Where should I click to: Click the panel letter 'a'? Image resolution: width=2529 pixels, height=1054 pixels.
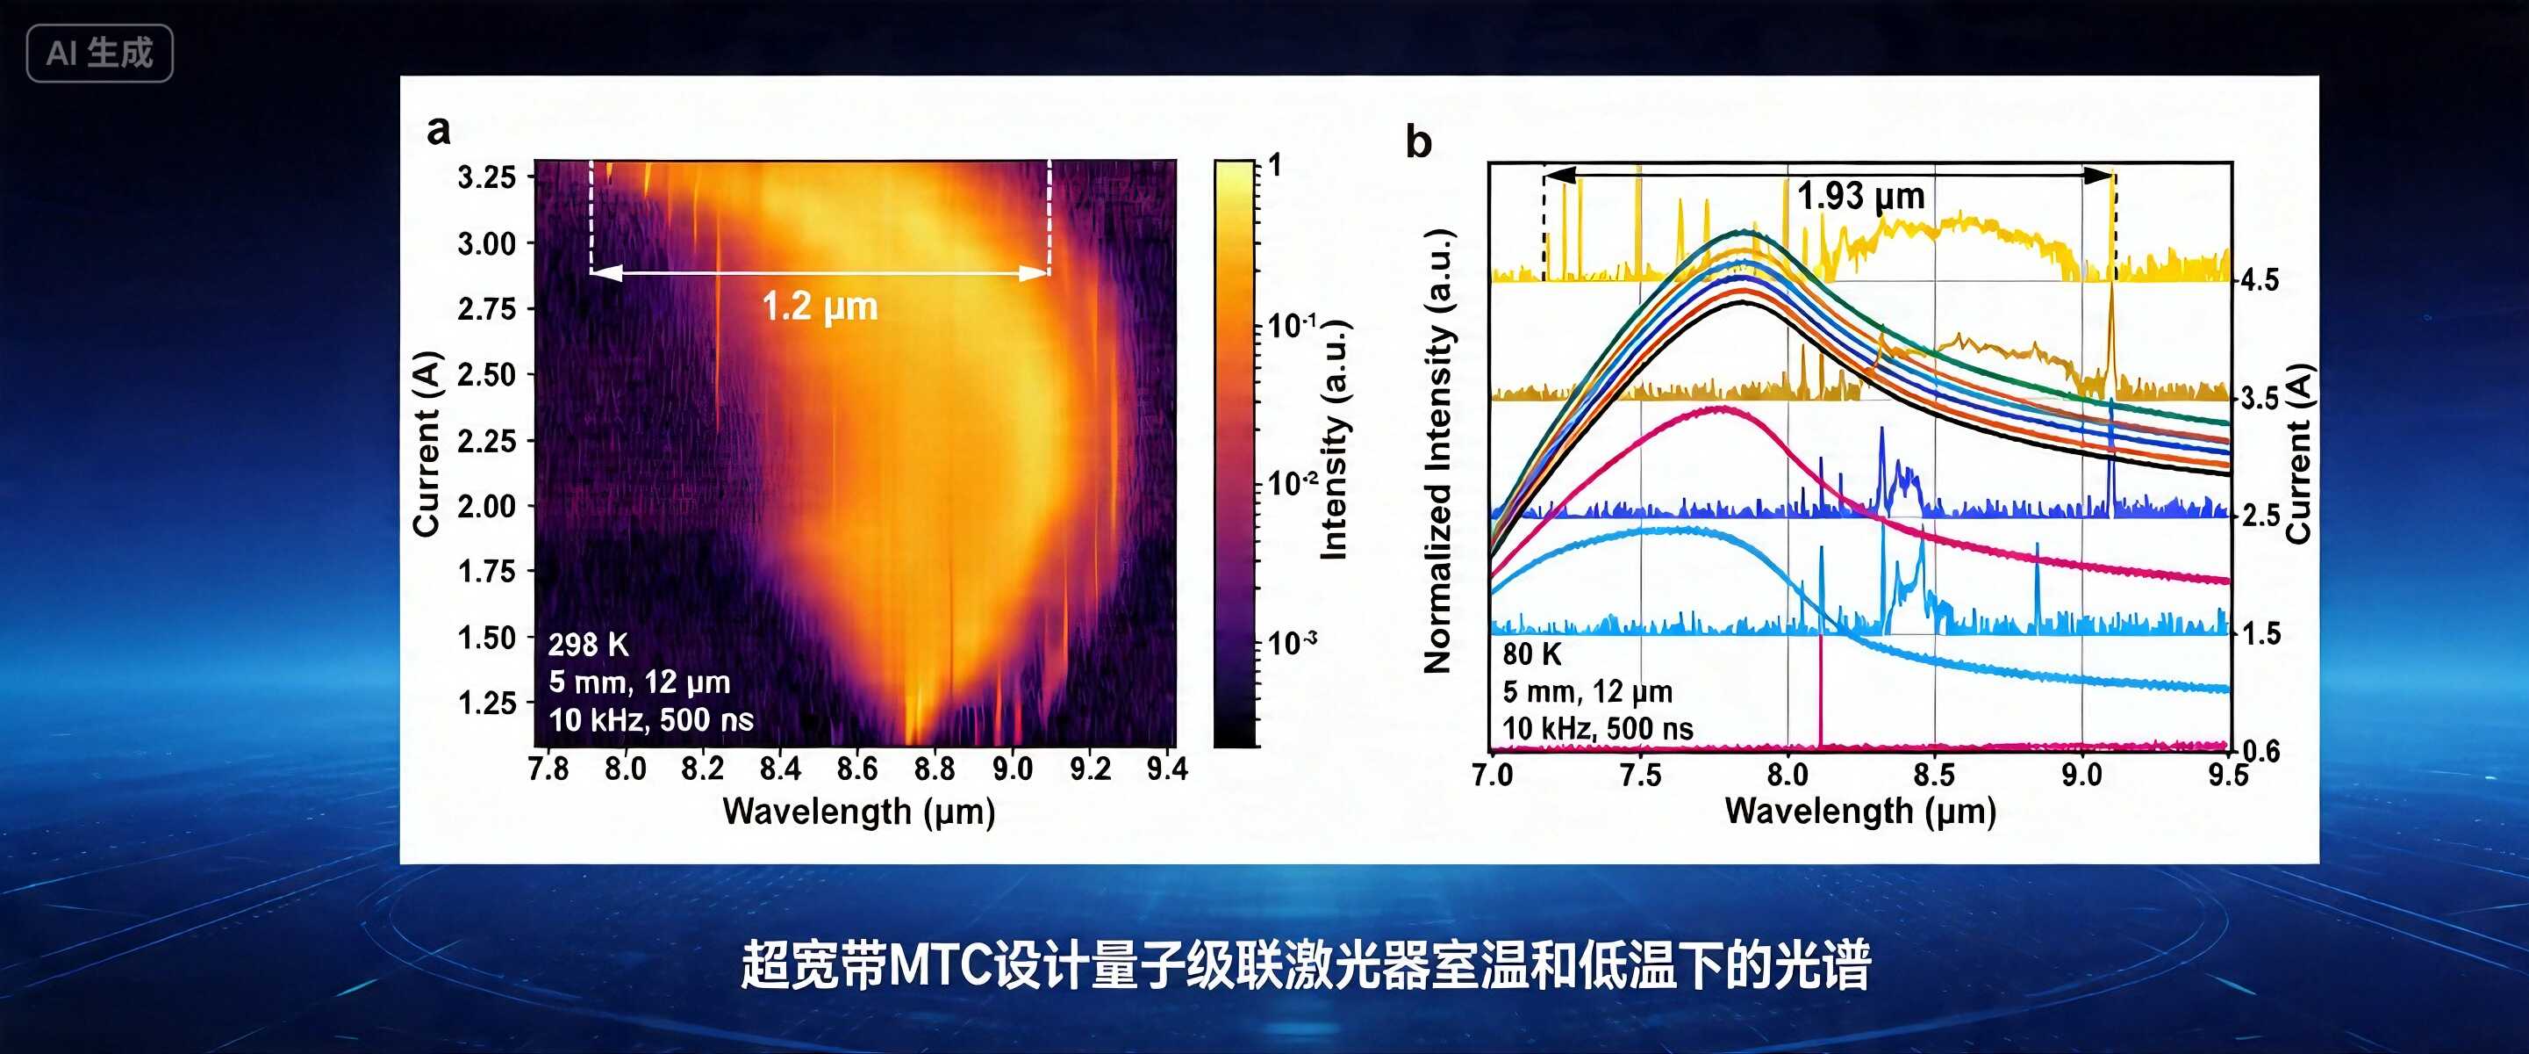439,130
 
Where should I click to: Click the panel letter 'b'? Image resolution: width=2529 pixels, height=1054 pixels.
1418,142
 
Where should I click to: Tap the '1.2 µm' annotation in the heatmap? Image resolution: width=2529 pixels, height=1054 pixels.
820,307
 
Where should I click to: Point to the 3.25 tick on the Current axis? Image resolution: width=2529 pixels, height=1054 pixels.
487,177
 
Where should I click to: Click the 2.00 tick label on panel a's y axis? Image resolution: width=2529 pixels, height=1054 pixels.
487,506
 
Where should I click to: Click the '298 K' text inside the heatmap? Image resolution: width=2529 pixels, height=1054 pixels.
588,645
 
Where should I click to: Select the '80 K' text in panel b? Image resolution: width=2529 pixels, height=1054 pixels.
1531,654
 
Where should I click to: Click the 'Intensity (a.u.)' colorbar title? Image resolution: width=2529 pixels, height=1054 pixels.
1334,440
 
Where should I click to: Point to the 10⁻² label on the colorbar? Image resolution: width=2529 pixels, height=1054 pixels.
1292,483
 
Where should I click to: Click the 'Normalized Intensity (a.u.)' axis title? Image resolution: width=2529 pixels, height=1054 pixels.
1437,451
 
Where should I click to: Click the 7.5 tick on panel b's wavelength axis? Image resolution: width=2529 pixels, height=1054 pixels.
1639,775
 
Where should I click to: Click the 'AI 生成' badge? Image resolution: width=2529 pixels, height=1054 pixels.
99,53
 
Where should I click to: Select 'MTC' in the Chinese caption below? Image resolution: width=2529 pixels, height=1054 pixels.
940,964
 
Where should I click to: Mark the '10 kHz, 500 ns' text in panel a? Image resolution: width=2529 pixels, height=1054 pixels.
651,720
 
